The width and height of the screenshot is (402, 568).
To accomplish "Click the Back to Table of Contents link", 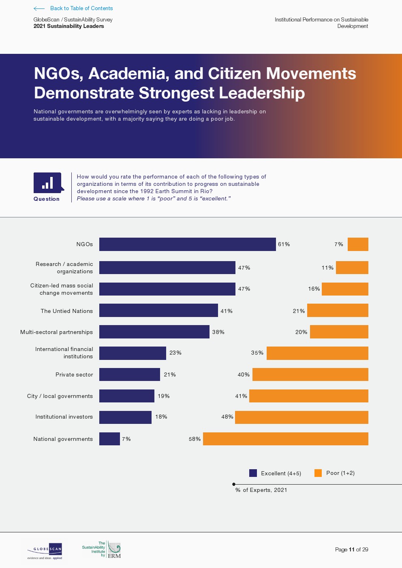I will point(81,8).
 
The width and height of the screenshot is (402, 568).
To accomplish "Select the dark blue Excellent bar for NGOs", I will point(187,244).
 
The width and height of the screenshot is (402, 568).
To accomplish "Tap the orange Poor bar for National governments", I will point(285,439).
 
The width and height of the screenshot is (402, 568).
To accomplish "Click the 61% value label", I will point(284,244).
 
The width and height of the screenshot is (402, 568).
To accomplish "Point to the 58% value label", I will point(195,439).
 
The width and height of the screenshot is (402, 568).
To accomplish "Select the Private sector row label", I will point(74,374).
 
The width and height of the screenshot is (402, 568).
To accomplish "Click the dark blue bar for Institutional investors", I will point(125,417).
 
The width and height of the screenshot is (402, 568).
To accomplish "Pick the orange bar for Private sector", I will point(310,374).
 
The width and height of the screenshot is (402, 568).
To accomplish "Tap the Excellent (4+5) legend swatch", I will point(253,473).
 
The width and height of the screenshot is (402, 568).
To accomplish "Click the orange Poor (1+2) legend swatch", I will point(318,473).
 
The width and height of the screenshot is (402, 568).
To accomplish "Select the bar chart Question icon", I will point(48,183).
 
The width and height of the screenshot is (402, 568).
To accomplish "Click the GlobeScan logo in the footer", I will point(45,551).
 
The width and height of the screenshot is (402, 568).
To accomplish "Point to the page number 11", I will point(351,549).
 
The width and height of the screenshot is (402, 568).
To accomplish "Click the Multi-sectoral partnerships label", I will point(56,332).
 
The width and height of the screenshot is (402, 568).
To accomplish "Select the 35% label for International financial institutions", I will point(257,353).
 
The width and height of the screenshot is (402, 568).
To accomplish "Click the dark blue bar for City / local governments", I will point(126,396).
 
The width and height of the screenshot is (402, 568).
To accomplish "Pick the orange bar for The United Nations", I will point(338,311).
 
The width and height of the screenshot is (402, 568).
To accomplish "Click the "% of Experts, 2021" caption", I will point(261,490).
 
